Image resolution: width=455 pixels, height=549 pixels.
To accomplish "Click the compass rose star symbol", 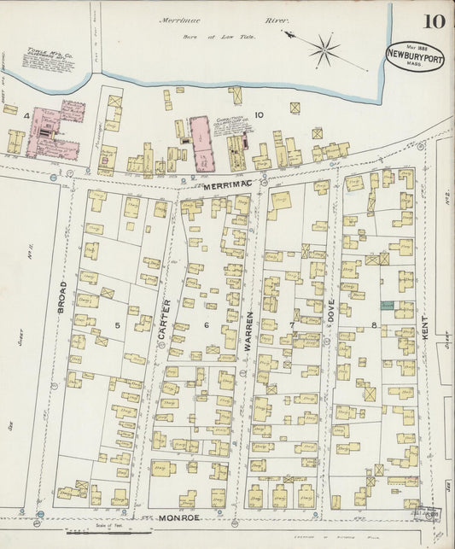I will click(324, 50).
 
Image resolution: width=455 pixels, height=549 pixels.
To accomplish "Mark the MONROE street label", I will click(179, 517).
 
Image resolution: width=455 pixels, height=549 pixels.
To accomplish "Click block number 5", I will click(118, 324).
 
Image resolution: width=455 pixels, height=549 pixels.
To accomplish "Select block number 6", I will click(205, 324).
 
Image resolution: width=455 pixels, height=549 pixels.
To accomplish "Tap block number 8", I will click(374, 325).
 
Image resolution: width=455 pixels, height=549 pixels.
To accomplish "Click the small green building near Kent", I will click(387, 305).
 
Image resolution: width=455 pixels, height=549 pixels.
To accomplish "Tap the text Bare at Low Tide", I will click(207, 37).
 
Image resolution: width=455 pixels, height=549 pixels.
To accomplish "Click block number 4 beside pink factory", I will click(27, 114).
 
